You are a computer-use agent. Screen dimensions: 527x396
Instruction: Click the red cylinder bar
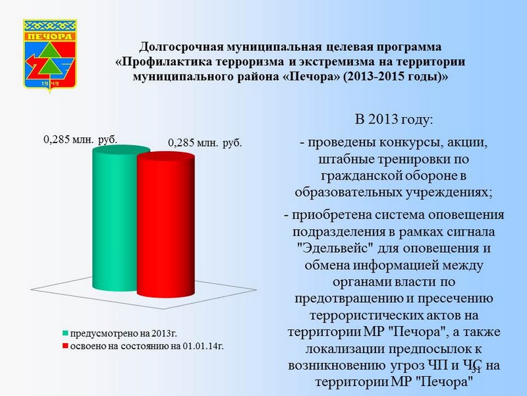click(166, 225)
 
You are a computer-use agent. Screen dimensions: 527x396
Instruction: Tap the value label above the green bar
click(80, 139)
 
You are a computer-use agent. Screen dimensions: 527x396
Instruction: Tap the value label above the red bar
click(205, 143)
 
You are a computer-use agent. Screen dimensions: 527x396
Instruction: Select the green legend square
click(65, 333)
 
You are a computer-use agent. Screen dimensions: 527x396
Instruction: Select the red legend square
click(65, 346)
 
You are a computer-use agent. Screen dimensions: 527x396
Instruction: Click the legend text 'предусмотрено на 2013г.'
click(123, 333)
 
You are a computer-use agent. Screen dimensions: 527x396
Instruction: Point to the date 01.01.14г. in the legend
click(204, 346)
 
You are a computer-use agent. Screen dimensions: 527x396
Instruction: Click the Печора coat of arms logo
click(50, 55)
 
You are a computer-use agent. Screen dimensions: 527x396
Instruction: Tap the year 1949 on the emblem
click(50, 83)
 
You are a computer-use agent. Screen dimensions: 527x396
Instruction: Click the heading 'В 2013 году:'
click(394, 119)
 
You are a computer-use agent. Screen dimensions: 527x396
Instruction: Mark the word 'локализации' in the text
click(344, 349)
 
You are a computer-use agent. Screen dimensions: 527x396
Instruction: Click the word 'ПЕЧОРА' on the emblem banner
click(50, 36)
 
